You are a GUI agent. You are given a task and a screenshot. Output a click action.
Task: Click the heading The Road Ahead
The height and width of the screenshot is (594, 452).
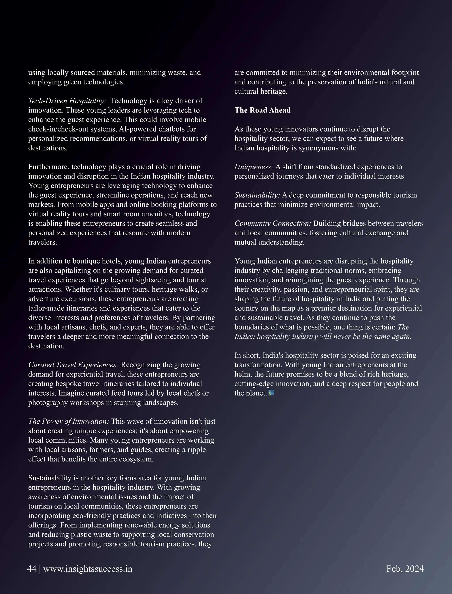coord(262,110)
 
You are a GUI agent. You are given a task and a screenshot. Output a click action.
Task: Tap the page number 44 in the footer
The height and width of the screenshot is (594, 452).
coord(32,569)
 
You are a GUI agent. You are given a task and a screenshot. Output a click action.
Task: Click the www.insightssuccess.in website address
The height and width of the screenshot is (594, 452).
coord(88,569)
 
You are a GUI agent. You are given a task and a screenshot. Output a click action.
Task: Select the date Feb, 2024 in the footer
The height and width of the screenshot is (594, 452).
coord(405,569)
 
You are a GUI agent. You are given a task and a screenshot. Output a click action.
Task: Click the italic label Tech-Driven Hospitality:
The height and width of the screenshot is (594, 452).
coord(67,101)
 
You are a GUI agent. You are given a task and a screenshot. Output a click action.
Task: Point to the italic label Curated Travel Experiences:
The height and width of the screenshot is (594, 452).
coord(73,365)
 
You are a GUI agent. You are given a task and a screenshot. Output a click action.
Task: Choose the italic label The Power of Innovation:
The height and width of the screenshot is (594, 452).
coord(69,421)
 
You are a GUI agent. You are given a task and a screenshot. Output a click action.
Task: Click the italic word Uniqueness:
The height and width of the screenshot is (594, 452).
coord(254,167)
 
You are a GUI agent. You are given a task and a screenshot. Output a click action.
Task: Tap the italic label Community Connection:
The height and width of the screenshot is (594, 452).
coord(273,223)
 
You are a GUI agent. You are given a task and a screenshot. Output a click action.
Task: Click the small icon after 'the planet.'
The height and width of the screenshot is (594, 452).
coord(271,393)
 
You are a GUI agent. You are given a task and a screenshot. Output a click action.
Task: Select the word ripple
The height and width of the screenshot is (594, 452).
coord(197,450)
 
